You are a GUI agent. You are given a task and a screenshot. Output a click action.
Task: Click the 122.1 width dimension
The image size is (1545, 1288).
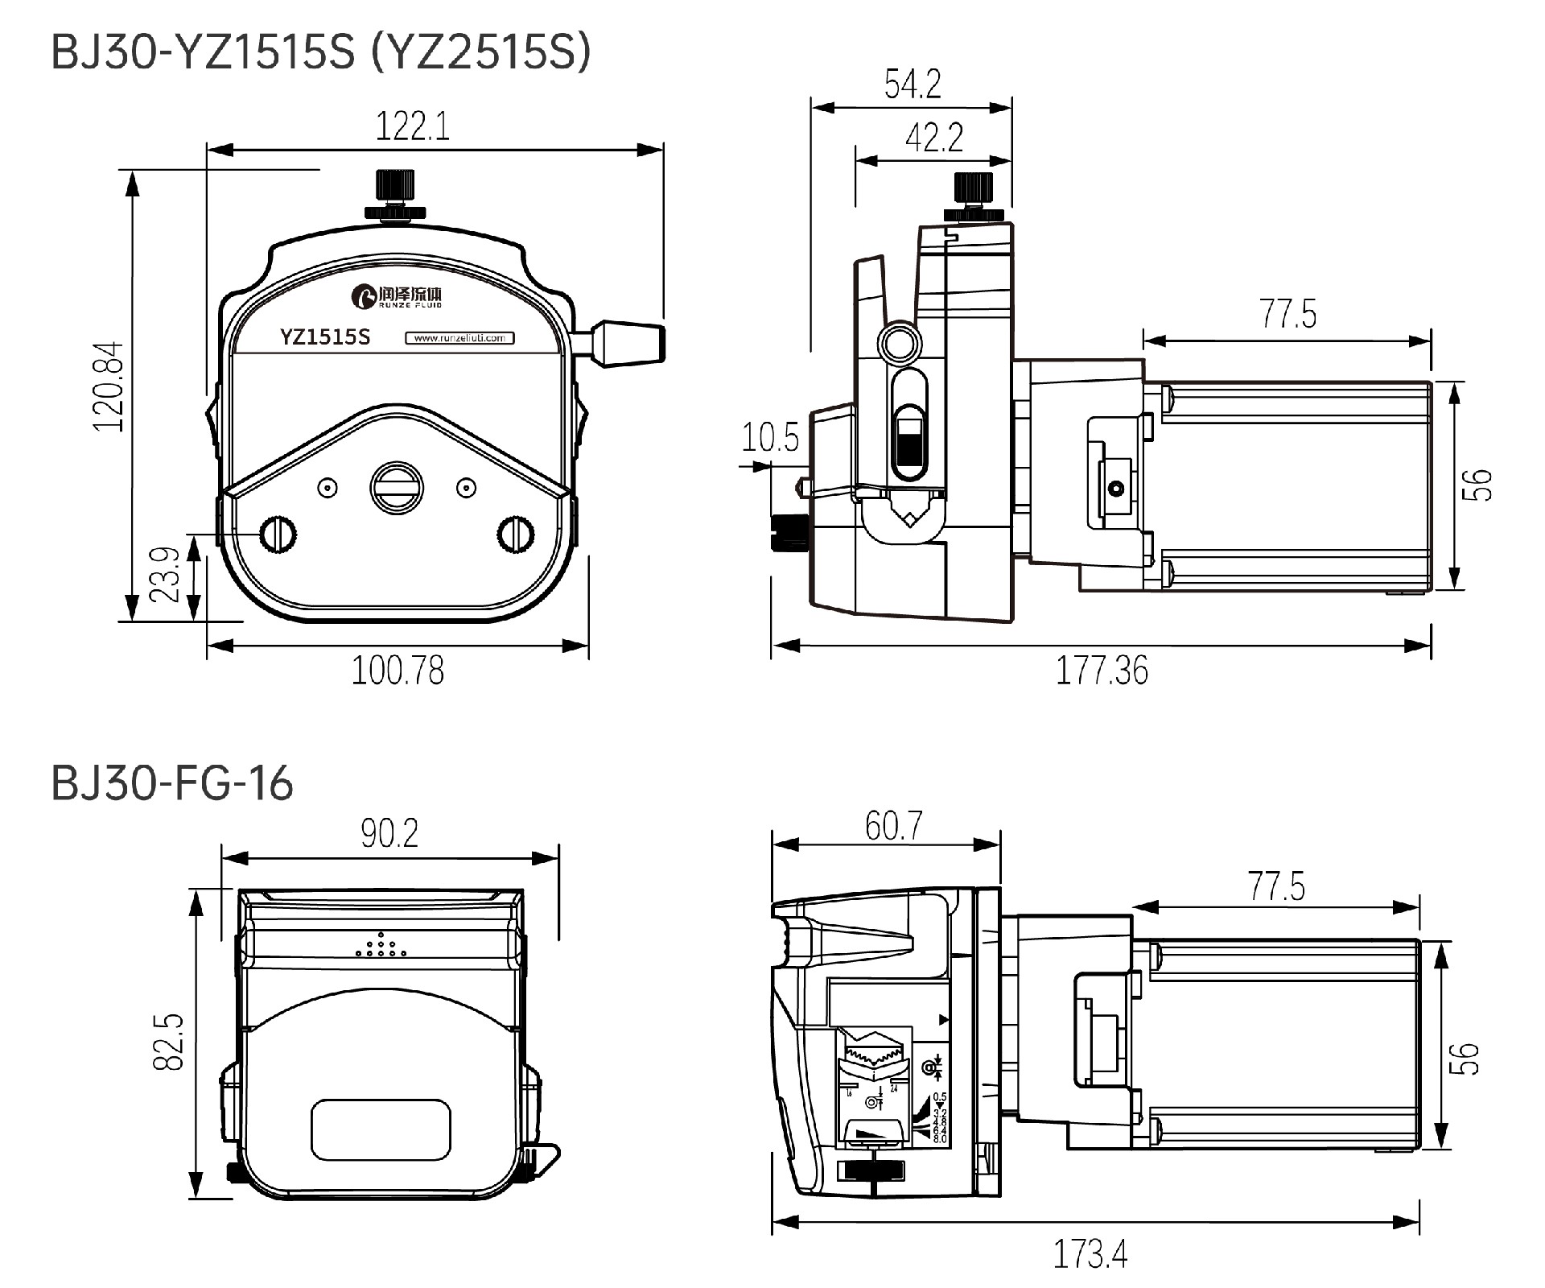[x=413, y=127]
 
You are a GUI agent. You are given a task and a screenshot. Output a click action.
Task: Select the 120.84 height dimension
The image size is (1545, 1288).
[x=109, y=386]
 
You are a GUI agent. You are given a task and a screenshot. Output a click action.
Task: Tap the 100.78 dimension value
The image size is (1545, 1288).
[x=398, y=671]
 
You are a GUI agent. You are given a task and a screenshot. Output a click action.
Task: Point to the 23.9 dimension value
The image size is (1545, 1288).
[x=165, y=575]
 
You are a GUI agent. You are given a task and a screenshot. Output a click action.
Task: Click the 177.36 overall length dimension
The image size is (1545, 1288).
[x=1102, y=671]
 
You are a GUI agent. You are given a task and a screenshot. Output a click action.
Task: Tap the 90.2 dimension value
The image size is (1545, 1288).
[x=389, y=834]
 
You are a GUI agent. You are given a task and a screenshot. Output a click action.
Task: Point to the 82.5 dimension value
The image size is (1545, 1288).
[x=169, y=1042]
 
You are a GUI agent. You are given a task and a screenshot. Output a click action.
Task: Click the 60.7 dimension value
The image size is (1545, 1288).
[x=893, y=826]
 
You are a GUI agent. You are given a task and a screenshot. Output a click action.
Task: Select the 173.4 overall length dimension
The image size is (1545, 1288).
[x=1090, y=1254]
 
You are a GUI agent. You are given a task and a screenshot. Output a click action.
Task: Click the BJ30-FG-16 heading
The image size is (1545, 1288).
[x=172, y=783]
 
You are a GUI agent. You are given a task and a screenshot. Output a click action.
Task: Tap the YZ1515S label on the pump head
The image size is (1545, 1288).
[x=325, y=336]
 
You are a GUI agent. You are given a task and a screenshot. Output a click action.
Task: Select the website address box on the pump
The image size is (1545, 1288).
[x=459, y=338]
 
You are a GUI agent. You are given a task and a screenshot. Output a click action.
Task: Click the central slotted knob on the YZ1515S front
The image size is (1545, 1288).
[x=396, y=486]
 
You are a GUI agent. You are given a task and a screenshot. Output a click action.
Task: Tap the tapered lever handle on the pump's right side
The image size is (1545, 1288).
[x=631, y=342]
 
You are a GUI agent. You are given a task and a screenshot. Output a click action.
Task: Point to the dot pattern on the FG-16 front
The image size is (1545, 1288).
[x=381, y=946]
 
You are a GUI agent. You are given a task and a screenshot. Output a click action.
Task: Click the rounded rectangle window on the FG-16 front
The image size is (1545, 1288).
[x=381, y=1130]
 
